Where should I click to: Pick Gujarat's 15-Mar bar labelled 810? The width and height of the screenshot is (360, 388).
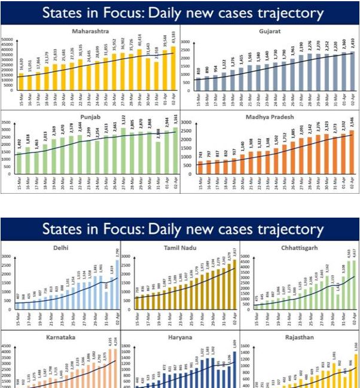click(198, 84)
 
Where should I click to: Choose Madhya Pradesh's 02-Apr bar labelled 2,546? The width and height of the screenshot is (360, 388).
click(352, 152)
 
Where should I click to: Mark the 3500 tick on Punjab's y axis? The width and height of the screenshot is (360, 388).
click(8, 122)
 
